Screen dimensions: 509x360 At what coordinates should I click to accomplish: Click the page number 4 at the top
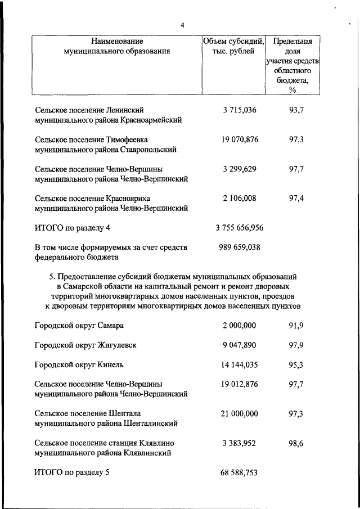pos(182,25)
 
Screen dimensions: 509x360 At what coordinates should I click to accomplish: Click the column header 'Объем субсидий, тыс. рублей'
pos(233,46)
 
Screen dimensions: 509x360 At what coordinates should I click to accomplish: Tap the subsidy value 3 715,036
pos(239,110)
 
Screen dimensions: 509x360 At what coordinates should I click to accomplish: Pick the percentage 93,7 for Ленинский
pos(296,110)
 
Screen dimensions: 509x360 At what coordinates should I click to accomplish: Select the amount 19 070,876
pos(239,139)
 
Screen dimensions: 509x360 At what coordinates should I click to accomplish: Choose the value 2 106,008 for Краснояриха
pos(239,198)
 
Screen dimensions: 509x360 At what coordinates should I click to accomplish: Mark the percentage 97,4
pos(296,198)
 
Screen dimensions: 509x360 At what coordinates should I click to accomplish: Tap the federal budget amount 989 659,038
pos(239,246)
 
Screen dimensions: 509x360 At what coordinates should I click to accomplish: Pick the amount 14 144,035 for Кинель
pos(239,364)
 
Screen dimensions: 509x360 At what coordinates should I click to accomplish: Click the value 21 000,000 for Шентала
pos(239,413)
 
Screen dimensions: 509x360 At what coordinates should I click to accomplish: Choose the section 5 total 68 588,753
pos(239,473)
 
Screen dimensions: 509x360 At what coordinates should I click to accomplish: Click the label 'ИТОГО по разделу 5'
pos(71,473)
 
